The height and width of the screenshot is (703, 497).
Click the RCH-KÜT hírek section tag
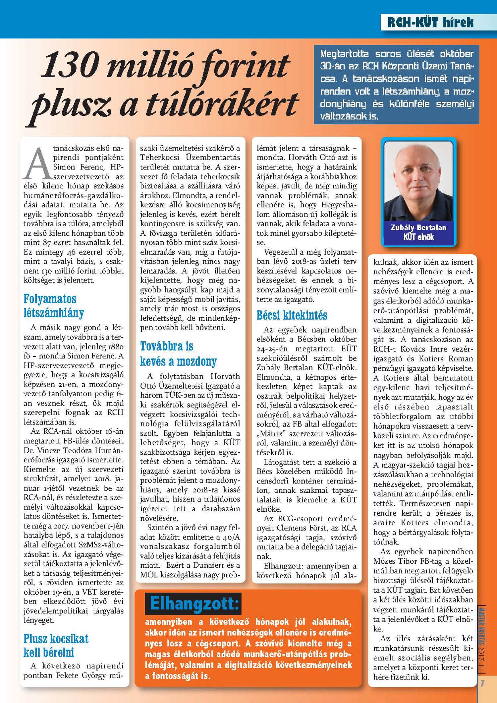pyautogui.click(x=430, y=23)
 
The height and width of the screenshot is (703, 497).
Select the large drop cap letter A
pyautogui.click(x=38, y=163)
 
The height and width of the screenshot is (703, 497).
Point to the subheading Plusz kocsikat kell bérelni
pyautogui.click(x=56, y=645)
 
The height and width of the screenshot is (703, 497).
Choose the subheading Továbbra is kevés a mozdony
pyautogui.click(x=178, y=353)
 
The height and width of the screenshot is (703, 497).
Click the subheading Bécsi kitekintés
pyautogui.click(x=292, y=315)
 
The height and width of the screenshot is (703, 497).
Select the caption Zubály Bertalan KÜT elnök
pyautogui.click(x=418, y=232)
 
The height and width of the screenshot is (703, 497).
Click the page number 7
pyautogui.click(x=482, y=683)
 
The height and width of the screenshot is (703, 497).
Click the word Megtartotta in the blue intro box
pyautogui.click(x=344, y=54)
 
